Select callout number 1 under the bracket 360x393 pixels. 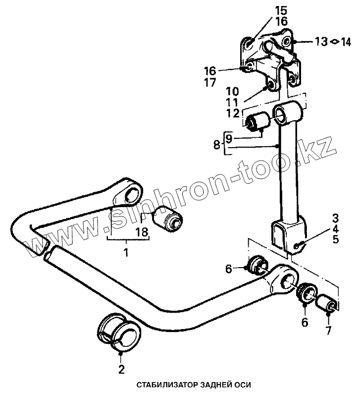tap(126, 253)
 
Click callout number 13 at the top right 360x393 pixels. tap(321, 42)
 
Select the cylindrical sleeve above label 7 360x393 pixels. tap(328, 304)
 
